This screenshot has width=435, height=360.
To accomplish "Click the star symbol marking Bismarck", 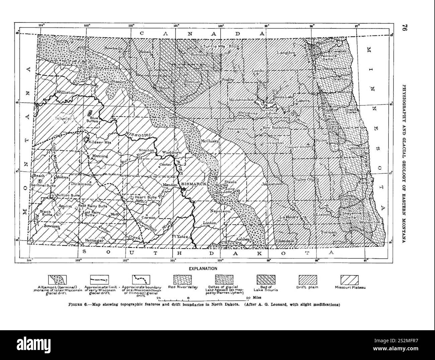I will click(183, 189).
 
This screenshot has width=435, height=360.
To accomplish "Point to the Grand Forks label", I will click(351, 111).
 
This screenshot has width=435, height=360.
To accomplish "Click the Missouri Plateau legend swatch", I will click(349, 278).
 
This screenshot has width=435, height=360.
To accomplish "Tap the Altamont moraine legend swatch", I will click(58, 278).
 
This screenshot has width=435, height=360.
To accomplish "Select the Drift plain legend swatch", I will click(307, 278).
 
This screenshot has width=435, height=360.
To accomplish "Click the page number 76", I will click(404, 28).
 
